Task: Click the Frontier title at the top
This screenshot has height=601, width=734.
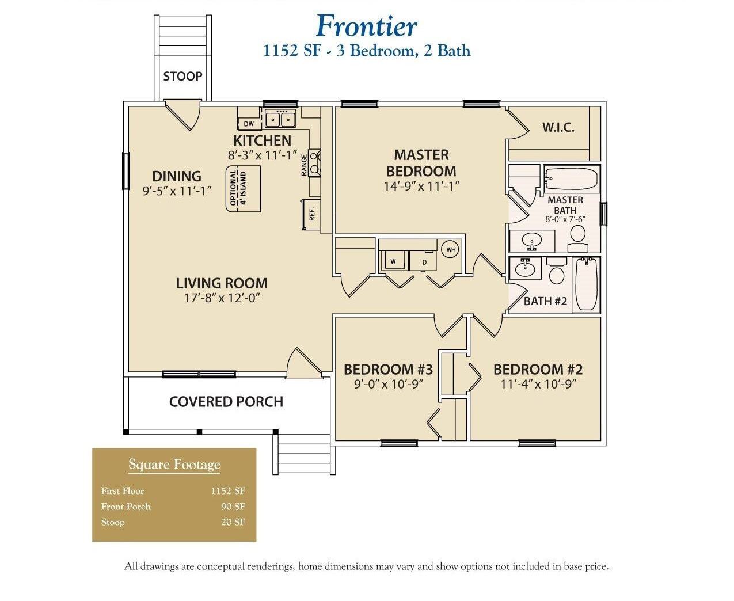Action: (366, 26)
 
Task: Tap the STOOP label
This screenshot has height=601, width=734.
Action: (182, 77)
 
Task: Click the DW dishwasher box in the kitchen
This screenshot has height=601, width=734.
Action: (249, 124)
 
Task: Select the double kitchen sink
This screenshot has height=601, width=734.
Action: (280, 119)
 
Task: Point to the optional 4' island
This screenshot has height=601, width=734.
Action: (242, 188)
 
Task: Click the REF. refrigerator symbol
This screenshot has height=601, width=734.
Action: (311, 215)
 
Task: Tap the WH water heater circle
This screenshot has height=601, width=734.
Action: (451, 250)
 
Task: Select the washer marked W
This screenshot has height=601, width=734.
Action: (393, 261)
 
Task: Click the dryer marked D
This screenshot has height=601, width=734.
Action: (424, 261)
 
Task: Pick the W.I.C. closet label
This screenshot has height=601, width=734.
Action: (558, 128)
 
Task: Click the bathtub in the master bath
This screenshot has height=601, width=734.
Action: (572, 178)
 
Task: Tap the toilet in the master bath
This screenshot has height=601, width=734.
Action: (577, 236)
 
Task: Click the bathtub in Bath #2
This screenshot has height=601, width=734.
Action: (587, 284)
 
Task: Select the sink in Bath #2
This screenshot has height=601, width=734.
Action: (524, 269)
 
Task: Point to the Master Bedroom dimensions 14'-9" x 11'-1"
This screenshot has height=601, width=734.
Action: (421, 187)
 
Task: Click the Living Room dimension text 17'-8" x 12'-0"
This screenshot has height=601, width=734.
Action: (222, 298)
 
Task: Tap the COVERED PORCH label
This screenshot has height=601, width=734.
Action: (226, 402)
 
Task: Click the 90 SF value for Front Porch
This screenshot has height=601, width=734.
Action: (233, 507)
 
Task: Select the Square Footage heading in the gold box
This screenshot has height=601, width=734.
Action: (174, 465)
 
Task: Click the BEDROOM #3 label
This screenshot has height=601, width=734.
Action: (387, 369)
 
